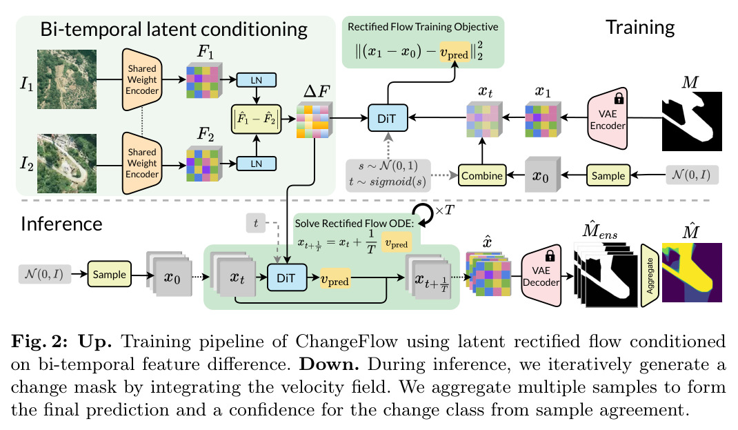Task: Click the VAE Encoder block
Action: tap(608, 118)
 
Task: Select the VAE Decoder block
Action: tap(541, 275)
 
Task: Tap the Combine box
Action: tap(482, 176)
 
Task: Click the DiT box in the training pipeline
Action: tap(388, 118)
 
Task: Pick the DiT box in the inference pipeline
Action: tap(287, 277)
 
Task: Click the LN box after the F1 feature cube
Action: tap(256, 80)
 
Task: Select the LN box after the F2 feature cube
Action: tap(256, 164)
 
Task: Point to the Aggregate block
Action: tap(650, 275)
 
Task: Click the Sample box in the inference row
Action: tap(109, 275)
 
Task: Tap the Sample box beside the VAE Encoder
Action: tap(608, 176)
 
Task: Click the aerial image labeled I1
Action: tap(67, 79)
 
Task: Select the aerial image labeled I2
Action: tap(67, 163)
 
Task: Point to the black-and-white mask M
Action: tap(692, 121)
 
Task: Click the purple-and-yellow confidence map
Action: tap(692, 272)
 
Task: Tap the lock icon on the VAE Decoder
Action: tap(549, 255)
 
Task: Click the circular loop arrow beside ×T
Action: tap(423, 214)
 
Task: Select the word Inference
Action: tap(61, 224)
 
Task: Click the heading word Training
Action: tap(640, 28)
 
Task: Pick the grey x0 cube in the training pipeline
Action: tap(542, 175)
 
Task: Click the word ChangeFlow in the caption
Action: tap(346, 341)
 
